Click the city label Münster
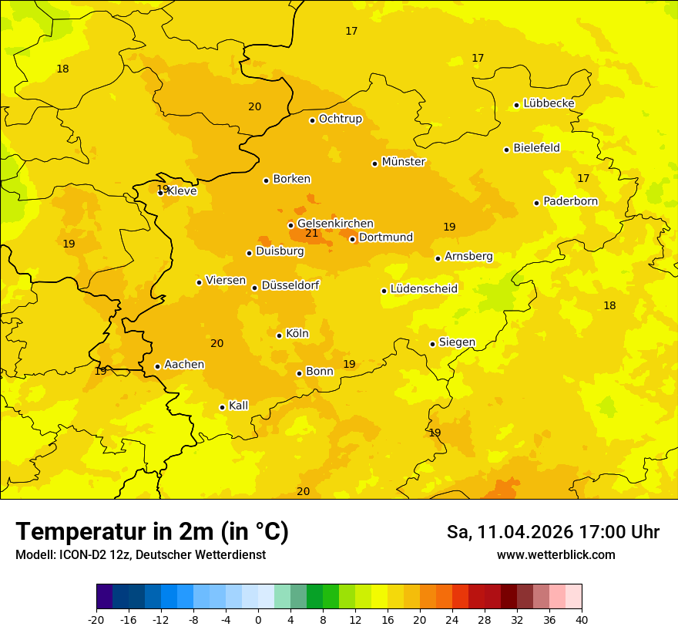403,162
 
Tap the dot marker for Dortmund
353,239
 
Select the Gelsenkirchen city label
335,224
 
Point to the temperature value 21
311,233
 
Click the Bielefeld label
536,148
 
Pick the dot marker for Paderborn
537,203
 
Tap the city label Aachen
184,365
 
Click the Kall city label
238,406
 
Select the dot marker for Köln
280,335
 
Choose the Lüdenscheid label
424,289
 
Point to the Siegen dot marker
433,344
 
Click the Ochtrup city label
340,119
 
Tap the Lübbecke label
549,103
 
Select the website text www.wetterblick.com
555,555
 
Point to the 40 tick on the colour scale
581,619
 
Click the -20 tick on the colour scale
96,619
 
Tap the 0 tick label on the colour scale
258,619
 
